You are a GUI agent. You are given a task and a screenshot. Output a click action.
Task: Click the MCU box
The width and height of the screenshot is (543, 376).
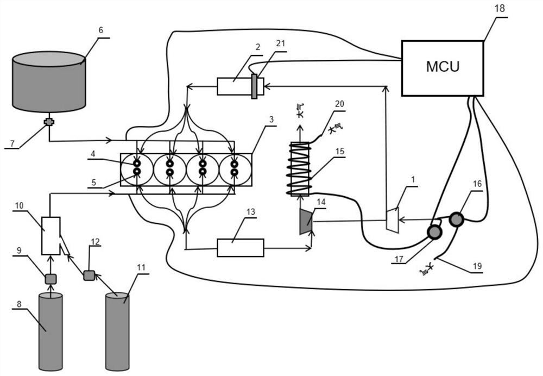[x=442, y=68]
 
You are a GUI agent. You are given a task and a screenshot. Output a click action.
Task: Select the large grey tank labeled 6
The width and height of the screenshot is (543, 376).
[x=49, y=82]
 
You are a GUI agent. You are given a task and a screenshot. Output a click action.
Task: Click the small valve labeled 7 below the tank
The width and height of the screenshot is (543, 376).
[x=49, y=122]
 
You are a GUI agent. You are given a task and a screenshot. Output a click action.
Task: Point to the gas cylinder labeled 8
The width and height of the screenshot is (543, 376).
[x=50, y=331]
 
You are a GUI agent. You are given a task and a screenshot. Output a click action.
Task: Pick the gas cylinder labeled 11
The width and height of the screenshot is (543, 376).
[x=117, y=331]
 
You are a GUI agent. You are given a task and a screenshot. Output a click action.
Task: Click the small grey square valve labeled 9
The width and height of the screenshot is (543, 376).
[x=50, y=279]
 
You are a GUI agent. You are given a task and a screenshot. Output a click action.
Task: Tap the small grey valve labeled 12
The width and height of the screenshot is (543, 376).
[x=89, y=275]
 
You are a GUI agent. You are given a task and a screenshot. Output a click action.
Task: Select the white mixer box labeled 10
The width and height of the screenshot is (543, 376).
[x=51, y=235]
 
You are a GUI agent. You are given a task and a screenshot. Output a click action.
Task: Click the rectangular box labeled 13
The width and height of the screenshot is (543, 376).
[x=240, y=248]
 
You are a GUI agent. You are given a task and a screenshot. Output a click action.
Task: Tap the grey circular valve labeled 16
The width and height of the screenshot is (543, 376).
[x=456, y=219]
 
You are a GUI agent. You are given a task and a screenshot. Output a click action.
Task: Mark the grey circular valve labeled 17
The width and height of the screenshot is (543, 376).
[x=434, y=233]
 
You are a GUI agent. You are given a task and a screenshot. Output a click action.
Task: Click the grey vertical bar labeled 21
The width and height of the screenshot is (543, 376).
[x=254, y=87]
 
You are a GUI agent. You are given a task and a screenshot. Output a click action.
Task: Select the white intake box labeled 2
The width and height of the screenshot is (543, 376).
[x=233, y=86]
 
